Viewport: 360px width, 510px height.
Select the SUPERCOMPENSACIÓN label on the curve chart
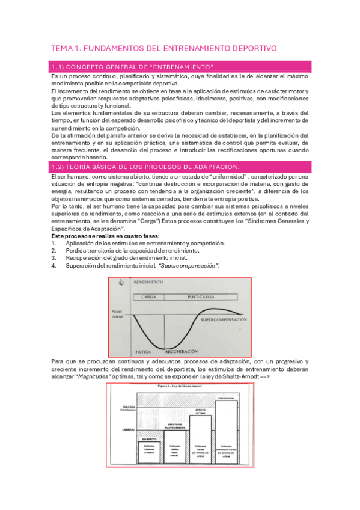pos(223,319)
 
